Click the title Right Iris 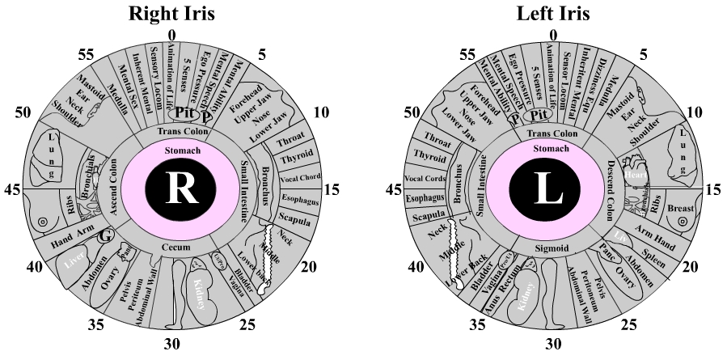(x=171, y=14)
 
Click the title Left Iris (x=552, y=14)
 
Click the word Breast (x=681, y=208)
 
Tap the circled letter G (x=104, y=237)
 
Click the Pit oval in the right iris (x=188, y=113)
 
